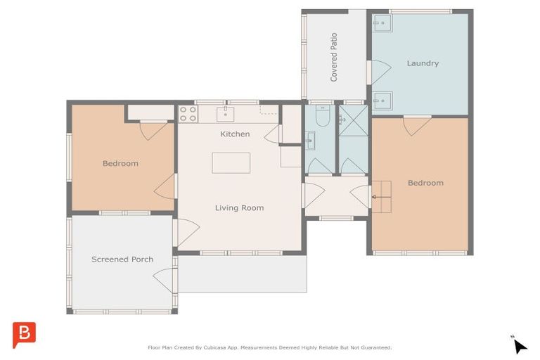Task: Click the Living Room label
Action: coord(239,207)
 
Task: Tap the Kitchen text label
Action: coord(235,134)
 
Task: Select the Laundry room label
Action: coord(423,63)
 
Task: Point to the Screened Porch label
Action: coord(122,259)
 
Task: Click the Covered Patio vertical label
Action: coord(334,56)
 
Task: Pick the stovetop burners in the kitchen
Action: coord(187,114)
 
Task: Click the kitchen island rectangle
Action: coord(231,162)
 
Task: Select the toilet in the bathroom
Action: coord(322,117)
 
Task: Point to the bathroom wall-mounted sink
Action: coord(310,142)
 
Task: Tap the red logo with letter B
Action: coord(24,334)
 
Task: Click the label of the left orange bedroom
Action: coord(120,164)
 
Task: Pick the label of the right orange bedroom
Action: coord(425,183)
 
